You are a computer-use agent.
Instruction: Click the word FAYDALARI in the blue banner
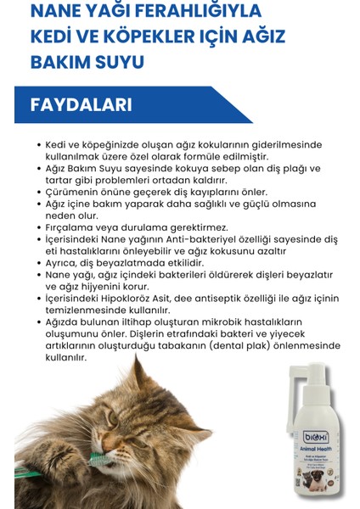click(81, 105)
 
